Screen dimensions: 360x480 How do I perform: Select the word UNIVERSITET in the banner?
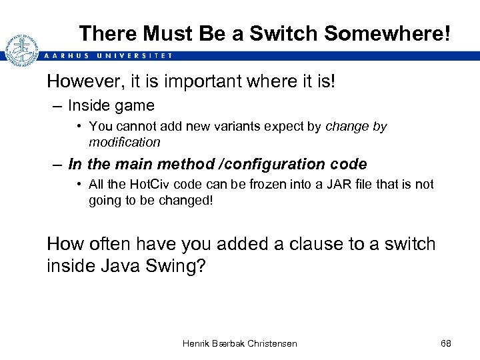click(x=137, y=56)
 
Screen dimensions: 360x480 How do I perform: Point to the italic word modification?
click(x=125, y=142)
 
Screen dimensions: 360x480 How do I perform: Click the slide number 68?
click(x=446, y=343)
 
